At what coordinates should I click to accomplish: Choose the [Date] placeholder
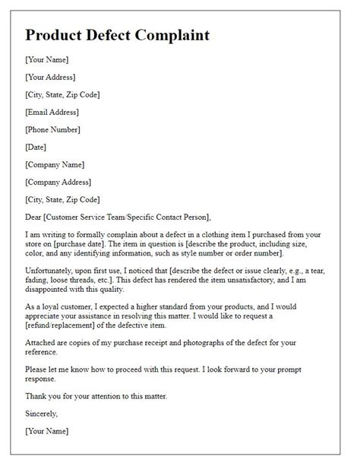(36, 147)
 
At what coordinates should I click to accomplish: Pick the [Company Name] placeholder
(54, 164)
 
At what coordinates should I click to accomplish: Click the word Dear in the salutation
(34, 217)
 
